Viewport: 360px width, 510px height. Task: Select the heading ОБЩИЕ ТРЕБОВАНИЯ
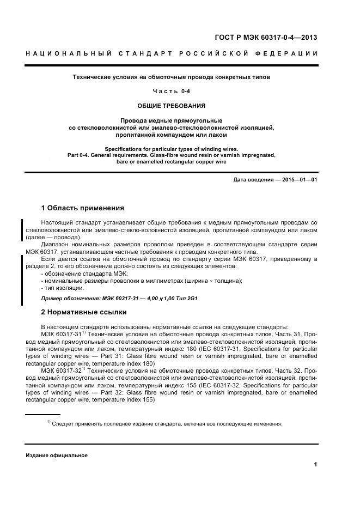(x=171, y=106)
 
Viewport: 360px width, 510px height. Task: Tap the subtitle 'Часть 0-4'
(x=171, y=92)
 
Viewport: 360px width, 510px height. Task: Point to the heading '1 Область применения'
(x=82, y=208)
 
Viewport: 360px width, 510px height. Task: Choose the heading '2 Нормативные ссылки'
(x=84, y=312)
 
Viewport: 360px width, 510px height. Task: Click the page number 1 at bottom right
(x=316, y=464)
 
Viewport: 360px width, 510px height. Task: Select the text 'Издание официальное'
(x=56, y=456)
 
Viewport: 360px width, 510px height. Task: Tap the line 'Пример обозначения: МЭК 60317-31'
(x=90, y=299)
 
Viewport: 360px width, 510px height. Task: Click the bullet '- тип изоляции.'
(x=62, y=288)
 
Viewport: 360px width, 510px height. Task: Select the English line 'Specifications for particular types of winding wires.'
(x=172, y=149)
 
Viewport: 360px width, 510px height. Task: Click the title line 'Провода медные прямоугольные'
(x=171, y=120)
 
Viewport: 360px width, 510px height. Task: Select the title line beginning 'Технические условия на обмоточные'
(x=171, y=77)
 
